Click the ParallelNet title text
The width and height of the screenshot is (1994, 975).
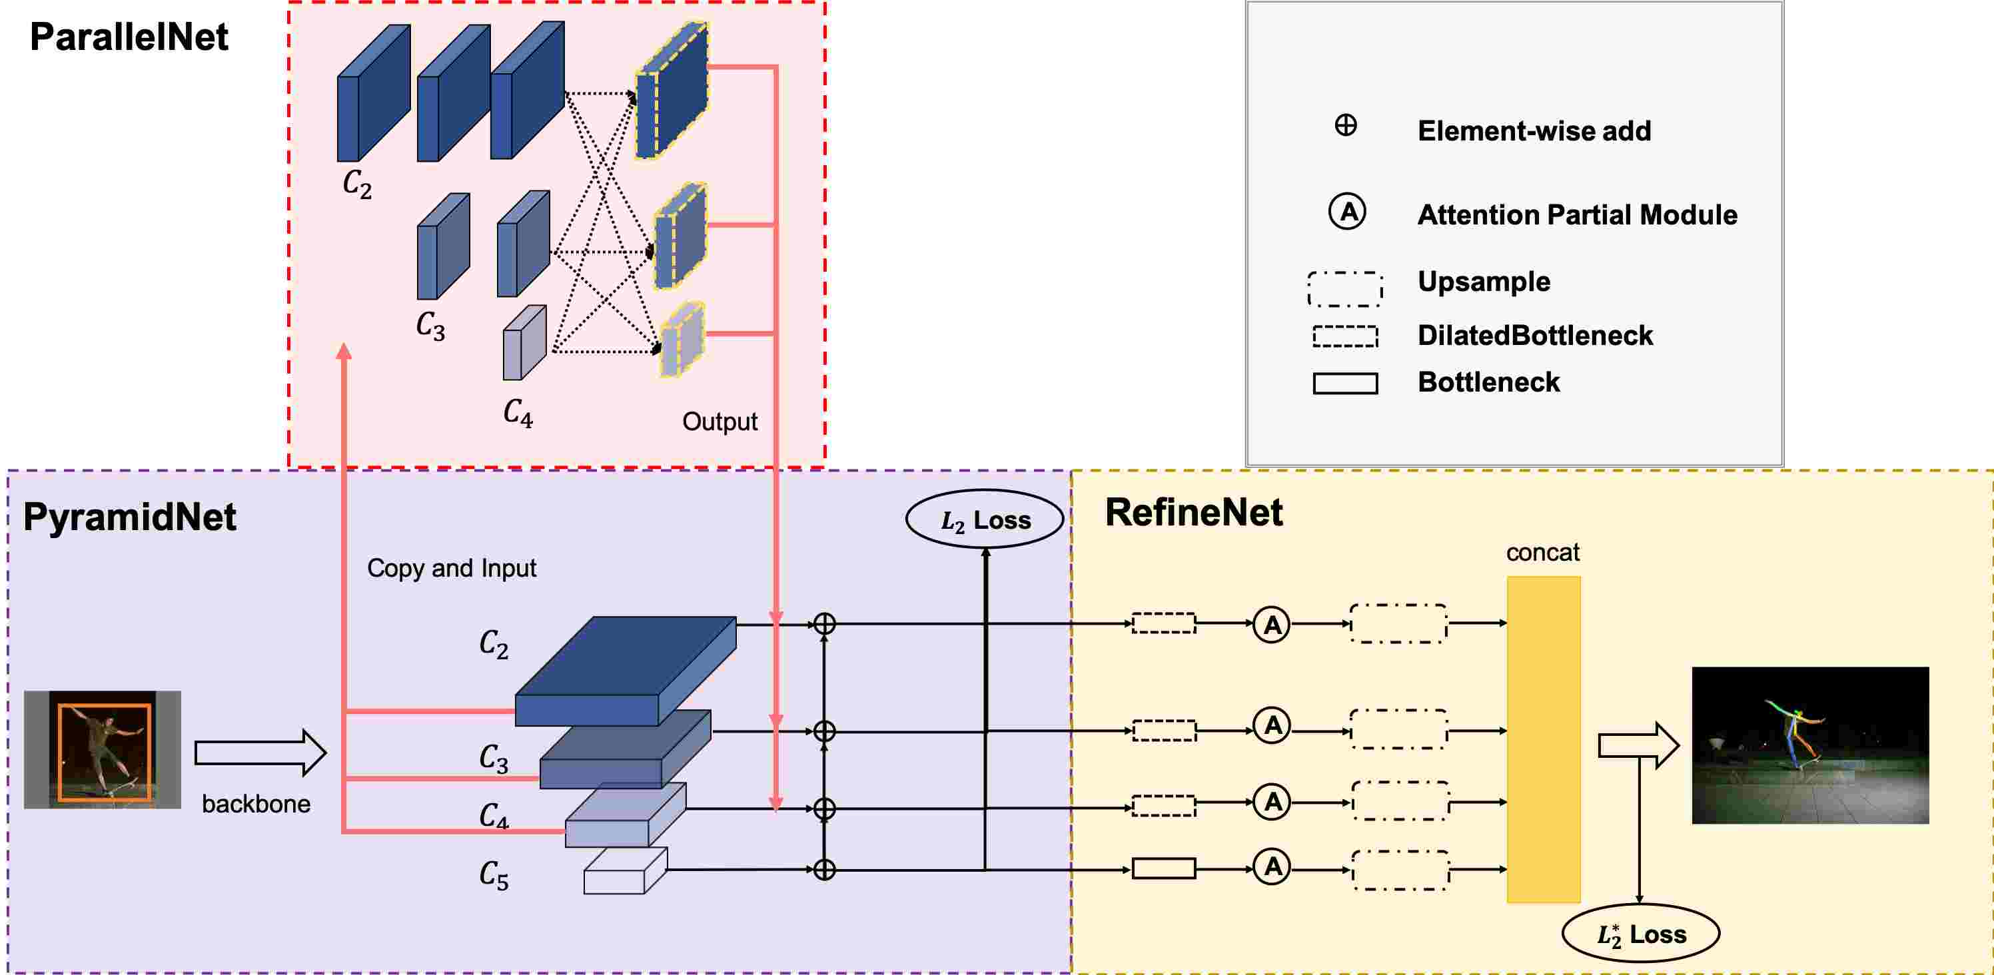pyautogui.click(x=129, y=37)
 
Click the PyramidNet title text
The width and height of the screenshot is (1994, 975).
pyautogui.click(x=129, y=517)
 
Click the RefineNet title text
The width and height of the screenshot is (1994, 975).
pyautogui.click(x=1194, y=512)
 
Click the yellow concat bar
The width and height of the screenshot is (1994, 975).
pyautogui.click(x=1544, y=739)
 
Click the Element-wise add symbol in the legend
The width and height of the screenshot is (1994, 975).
pyautogui.click(x=1346, y=125)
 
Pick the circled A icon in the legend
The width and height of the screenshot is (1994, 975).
pyautogui.click(x=1348, y=212)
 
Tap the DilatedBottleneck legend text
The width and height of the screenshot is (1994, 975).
pyautogui.click(x=1535, y=335)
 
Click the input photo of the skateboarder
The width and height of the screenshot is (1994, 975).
pyautogui.click(x=102, y=750)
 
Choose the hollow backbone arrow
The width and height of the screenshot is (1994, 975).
pyautogui.click(x=260, y=752)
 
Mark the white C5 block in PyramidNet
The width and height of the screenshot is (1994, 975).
pyautogui.click(x=626, y=871)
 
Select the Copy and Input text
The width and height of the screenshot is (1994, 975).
pyautogui.click(x=451, y=569)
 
